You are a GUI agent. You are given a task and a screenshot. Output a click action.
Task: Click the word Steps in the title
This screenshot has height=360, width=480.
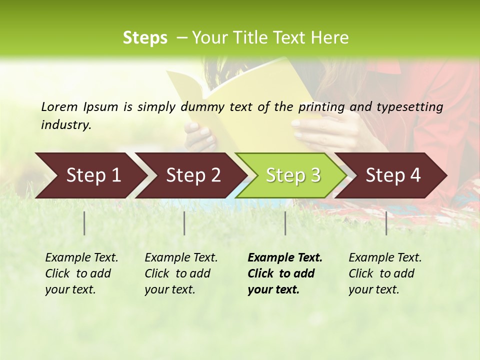(x=145, y=38)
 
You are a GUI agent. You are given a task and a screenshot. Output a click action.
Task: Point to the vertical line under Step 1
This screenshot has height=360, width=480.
(x=84, y=223)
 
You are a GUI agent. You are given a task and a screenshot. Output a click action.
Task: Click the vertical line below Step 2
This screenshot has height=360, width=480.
(x=184, y=223)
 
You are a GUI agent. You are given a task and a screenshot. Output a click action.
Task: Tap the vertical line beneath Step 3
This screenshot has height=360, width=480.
(x=285, y=223)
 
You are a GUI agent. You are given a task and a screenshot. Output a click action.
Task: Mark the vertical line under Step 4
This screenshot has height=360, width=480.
(x=386, y=223)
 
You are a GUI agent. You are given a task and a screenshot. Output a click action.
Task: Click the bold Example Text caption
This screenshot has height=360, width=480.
(x=284, y=273)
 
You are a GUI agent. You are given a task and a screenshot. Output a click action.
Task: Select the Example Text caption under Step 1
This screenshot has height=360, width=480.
(x=81, y=273)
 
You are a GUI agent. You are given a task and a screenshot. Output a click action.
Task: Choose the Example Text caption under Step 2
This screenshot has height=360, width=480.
(x=181, y=273)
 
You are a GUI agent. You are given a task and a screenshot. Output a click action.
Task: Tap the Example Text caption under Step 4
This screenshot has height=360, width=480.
(x=385, y=273)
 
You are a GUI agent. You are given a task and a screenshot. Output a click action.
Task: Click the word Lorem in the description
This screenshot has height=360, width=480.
(x=59, y=107)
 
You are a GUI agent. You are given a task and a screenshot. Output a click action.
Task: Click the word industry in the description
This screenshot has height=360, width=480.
(x=65, y=125)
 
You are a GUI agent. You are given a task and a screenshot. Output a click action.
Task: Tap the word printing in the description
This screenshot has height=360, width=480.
(x=320, y=107)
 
